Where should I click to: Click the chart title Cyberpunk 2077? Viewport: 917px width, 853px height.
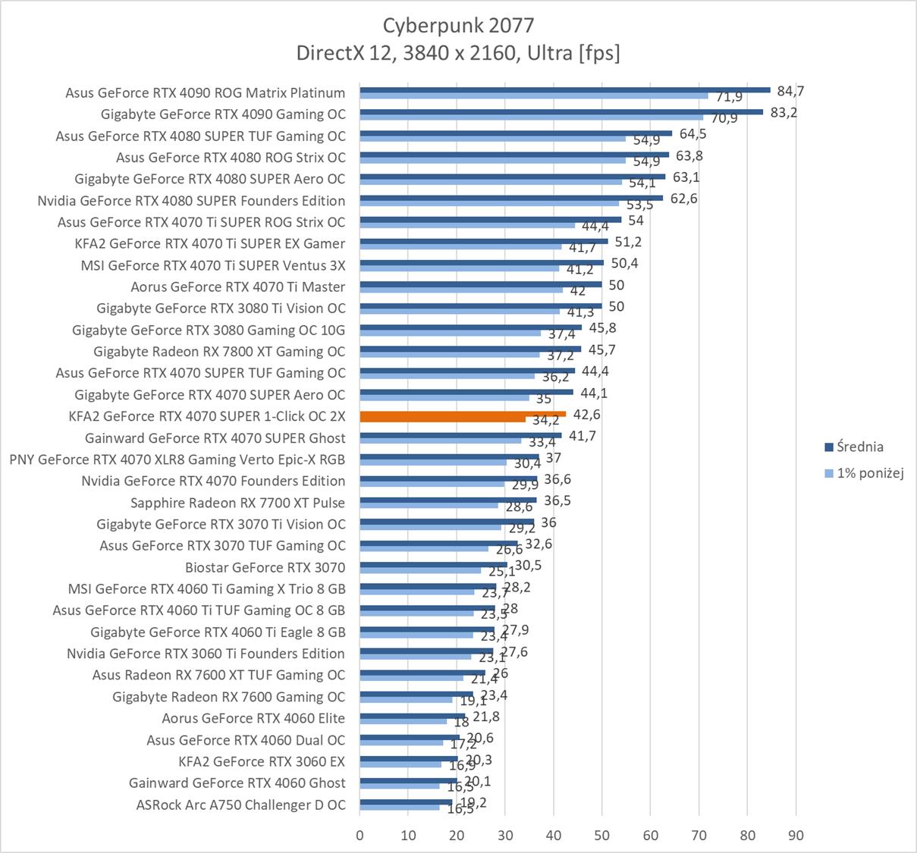pyautogui.click(x=458, y=26)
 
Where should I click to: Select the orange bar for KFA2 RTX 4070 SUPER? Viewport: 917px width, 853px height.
pyautogui.click(x=463, y=414)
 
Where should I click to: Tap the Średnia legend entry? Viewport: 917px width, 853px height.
pyautogui.click(x=859, y=447)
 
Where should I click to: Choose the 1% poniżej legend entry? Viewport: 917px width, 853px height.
pyautogui.click(x=869, y=473)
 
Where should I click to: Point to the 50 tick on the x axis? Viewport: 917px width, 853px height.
pyautogui.click(x=601, y=836)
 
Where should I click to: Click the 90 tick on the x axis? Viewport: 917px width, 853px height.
pyautogui.click(x=796, y=836)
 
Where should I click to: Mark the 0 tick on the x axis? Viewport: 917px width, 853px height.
pyautogui.click(x=360, y=836)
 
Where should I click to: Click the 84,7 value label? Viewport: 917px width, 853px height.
pyautogui.click(x=790, y=91)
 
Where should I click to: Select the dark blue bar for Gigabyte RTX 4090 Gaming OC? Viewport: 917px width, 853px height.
pyautogui.click(x=561, y=111)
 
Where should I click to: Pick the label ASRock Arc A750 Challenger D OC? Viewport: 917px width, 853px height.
pyautogui.click(x=240, y=804)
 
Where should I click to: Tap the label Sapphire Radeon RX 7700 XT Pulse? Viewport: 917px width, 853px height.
pyautogui.click(x=237, y=503)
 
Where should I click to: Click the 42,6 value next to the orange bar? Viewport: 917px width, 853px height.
pyautogui.click(x=587, y=414)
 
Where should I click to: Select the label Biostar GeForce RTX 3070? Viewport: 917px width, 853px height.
pyautogui.click(x=265, y=567)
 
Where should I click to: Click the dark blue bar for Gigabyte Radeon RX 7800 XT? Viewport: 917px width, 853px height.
pyautogui.click(x=470, y=349)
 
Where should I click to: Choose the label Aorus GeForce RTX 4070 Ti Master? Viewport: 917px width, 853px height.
pyautogui.click(x=237, y=287)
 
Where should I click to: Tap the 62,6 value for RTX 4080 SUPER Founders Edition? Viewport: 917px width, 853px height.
pyautogui.click(x=683, y=199)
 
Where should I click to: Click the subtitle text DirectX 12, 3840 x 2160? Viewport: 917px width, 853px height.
pyautogui.click(x=458, y=52)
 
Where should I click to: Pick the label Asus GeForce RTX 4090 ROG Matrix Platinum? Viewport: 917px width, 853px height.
pyautogui.click(x=205, y=93)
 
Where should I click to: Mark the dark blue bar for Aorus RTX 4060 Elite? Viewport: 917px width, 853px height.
pyautogui.click(x=412, y=715)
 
